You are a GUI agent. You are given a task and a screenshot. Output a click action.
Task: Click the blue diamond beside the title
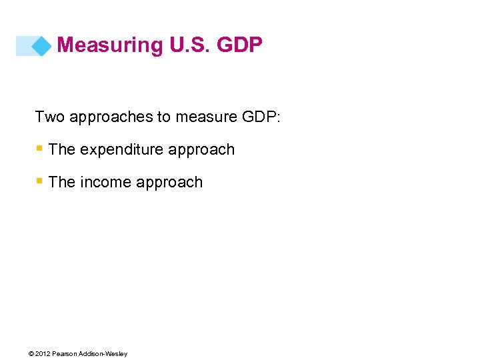coord(41,45)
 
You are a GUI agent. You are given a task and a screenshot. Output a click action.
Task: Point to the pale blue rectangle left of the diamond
coord(25,45)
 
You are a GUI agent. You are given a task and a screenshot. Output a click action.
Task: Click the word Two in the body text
coord(49,117)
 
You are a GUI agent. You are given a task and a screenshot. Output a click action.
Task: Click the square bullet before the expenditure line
coord(40,149)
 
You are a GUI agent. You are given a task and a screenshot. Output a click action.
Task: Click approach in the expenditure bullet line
coord(202,150)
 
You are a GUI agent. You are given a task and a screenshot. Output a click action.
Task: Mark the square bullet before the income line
coord(40,181)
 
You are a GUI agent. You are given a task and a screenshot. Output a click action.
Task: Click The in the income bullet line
coord(62,183)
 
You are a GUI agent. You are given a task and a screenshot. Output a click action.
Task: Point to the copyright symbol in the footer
coord(32,353)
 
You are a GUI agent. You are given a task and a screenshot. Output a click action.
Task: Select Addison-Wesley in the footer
coord(103,353)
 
